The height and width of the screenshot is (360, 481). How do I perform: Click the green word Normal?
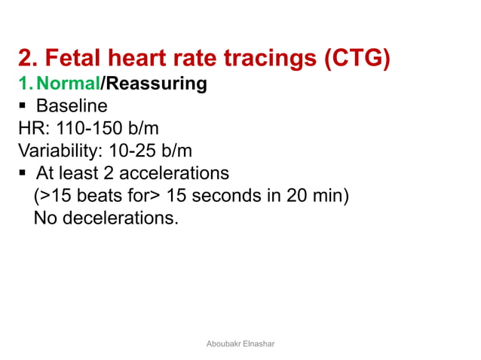[68, 84]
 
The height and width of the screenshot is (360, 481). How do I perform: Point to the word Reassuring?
[156, 84]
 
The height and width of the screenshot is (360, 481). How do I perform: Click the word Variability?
[57, 151]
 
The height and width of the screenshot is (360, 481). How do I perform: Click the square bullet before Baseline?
[23, 105]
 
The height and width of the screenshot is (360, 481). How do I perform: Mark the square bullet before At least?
[23, 173]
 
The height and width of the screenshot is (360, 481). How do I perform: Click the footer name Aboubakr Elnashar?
[240, 343]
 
